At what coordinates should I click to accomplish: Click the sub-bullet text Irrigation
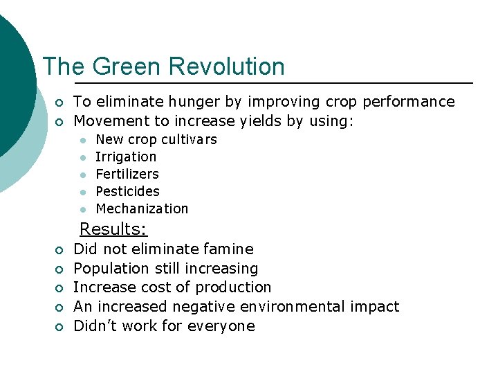126,157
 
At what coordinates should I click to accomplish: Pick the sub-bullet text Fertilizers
127,174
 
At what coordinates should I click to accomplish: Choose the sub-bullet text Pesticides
127,191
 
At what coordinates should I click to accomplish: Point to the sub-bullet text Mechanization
142,208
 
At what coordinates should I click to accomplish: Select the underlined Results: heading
113,229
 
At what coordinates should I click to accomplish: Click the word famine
230,249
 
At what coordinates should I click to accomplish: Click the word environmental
295,307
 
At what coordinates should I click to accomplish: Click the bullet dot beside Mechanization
82,209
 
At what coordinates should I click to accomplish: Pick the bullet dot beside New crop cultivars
82,140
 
